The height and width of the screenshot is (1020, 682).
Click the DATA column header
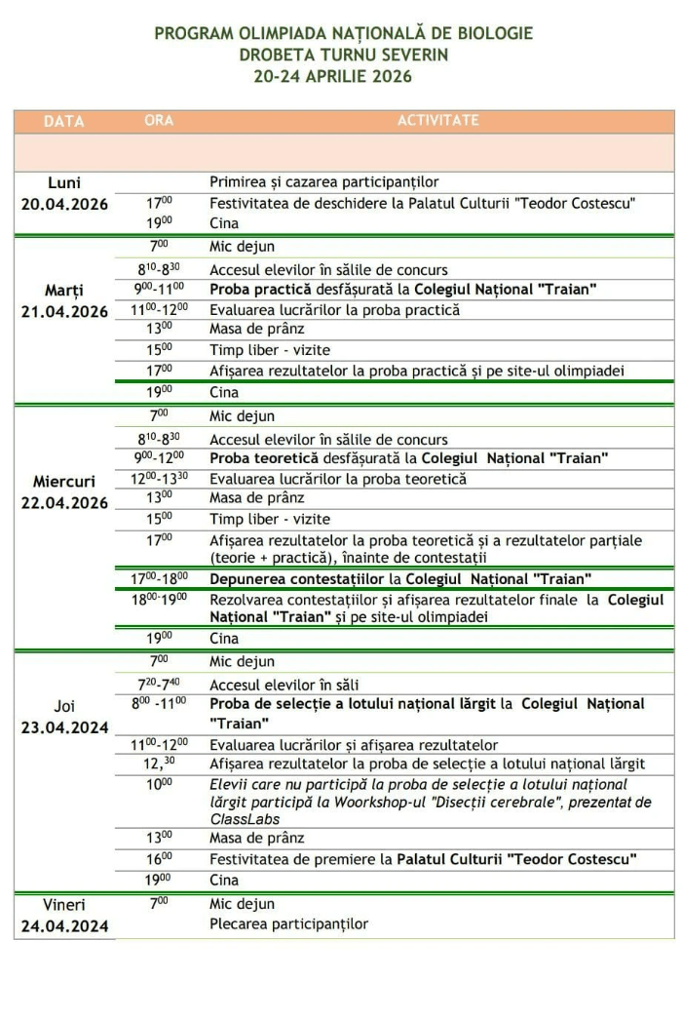pos(64,122)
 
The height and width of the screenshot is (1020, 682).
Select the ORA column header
pos(160,121)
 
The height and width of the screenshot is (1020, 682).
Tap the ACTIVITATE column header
pos(437,121)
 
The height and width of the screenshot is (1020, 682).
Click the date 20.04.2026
pos(64,204)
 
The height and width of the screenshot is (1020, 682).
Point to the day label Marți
pos(64,291)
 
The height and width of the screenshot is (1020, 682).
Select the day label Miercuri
pos(64,482)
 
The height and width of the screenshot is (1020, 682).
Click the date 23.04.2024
pos(64,727)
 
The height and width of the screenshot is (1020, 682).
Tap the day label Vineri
pos(64,904)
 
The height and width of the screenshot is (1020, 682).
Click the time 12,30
pos(160,764)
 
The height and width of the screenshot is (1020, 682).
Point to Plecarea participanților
pos(288,923)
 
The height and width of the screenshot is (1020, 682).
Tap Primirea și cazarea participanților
pos(323,182)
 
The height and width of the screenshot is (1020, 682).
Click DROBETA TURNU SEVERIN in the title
pos(344,55)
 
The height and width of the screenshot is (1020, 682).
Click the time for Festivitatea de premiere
pos(160,858)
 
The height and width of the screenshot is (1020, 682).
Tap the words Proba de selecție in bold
pos(265,703)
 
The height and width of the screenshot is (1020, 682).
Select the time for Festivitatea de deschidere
pos(160,203)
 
